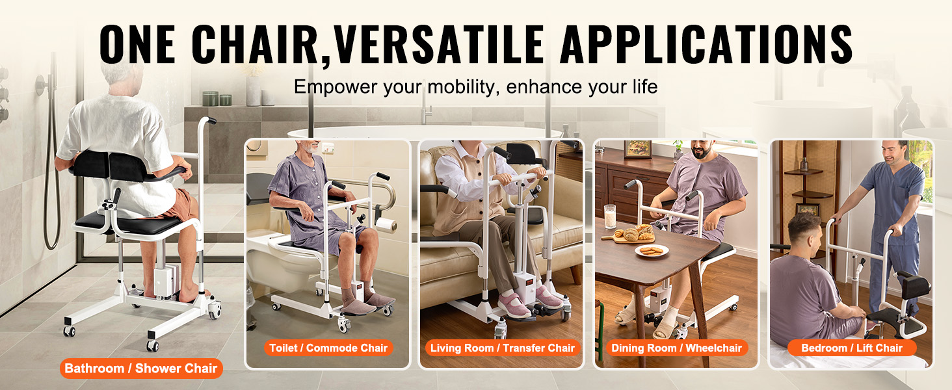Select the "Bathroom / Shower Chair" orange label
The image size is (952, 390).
pyautogui.click(x=141, y=369)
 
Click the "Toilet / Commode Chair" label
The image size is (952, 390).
pyautogui.click(x=328, y=348)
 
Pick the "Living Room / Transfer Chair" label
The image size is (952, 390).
pyautogui.click(x=503, y=348)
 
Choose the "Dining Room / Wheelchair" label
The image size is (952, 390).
pyautogui.click(x=676, y=348)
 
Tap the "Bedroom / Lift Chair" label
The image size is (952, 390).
pyautogui.click(x=852, y=348)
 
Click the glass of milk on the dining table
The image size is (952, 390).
pyautogui.click(x=609, y=216)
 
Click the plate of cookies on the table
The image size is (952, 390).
pyautogui.click(x=652, y=250)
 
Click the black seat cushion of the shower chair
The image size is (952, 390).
pyautogui.click(x=127, y=223)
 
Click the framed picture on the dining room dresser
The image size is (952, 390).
pyautogui.click(x=637, y=149)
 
